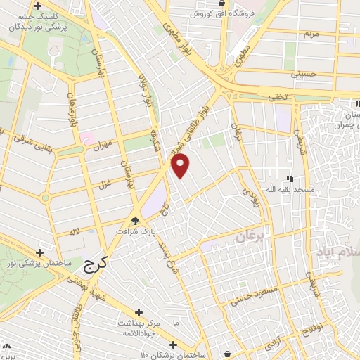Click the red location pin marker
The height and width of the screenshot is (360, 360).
pyautogui.click(x=181, y=167)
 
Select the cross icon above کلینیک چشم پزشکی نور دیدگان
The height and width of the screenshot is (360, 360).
pyautogui.click(x=47, y=6)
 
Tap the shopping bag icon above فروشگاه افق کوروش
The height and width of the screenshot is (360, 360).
pyautogui.click(x=222, y=4)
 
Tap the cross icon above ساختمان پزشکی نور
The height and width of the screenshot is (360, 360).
pyautogui.click(x=39, y=252)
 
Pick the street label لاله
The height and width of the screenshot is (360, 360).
pyautogui.click(x=73, y=231)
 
